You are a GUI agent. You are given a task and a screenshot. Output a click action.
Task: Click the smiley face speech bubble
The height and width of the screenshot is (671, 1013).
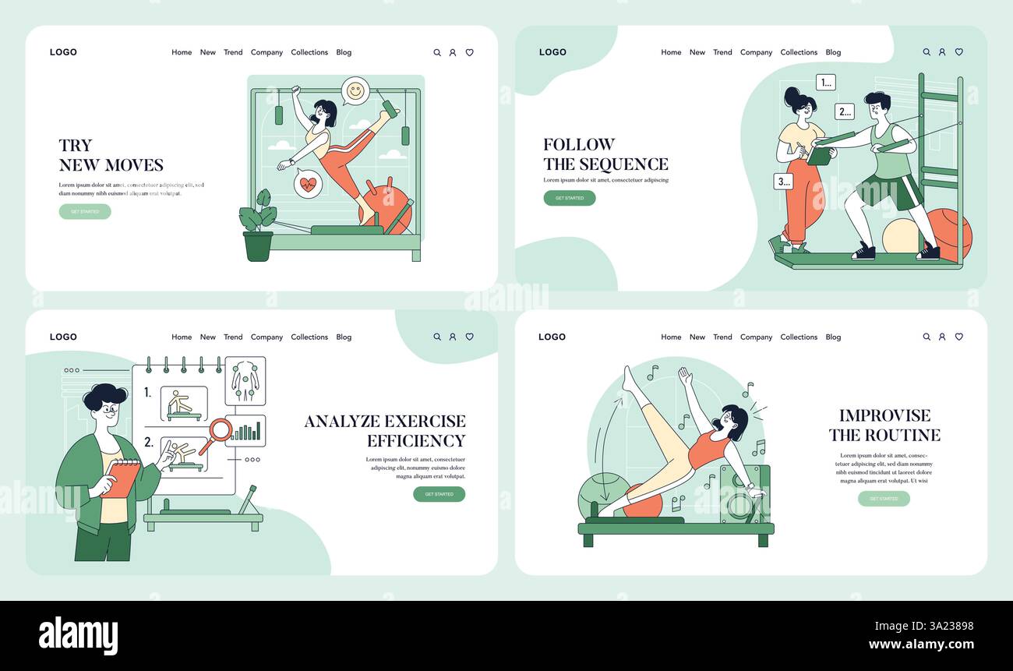[355, 91]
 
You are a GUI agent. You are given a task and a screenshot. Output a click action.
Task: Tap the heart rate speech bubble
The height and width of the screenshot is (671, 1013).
[309, 185]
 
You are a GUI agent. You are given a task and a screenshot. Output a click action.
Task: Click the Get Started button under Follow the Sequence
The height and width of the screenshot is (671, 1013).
[569, 198]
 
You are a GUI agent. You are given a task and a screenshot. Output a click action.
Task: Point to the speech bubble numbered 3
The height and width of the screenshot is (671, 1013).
[783, 182]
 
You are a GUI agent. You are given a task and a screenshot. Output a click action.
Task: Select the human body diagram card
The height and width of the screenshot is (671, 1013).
[245, 381]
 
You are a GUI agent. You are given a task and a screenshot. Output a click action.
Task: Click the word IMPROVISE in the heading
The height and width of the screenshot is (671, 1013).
[884, 415]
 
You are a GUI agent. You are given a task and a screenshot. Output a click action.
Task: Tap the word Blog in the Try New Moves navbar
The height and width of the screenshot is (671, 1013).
[344, 52]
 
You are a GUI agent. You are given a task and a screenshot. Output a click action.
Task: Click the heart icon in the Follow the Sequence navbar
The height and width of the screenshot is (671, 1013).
[958, 52]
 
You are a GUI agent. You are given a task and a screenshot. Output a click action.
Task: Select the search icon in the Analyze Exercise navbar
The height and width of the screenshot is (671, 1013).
[437, 337]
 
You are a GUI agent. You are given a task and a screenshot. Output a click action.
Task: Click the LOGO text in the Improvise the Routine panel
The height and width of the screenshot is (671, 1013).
[552, 337]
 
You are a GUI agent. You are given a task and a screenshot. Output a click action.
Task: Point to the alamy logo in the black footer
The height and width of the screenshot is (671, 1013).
[78, 635]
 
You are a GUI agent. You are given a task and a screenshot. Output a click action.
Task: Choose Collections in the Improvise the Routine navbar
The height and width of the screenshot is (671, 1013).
[799, 337]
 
